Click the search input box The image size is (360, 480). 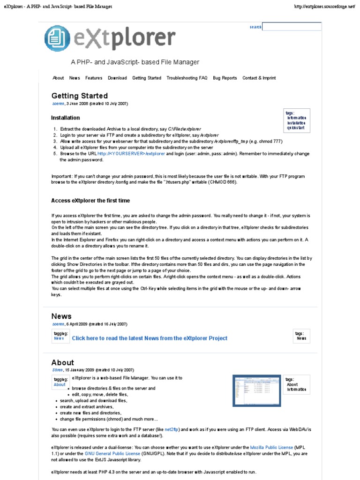tap(292, 27)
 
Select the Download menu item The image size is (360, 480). tap(117, 78)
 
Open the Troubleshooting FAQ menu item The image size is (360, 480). tap(187, 78)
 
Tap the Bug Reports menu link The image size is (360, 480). tap(225, 78)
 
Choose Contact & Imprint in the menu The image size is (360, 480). tap(259, 78)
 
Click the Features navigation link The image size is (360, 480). tap(94, 78)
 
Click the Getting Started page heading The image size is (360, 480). tap(80, 96)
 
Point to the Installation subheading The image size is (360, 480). tap(65, 118)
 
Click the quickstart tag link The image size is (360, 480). tap(296, 127)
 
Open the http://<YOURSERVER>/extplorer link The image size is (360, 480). tap(131, 154)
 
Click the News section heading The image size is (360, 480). tap(61, 316)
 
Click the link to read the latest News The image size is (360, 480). tap(150, 338)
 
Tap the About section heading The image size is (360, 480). tap(63, 362)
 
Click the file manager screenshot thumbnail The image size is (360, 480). tap(256, 390)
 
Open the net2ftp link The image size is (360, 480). tap(172, 429)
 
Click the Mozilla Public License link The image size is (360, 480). tap(271, 448)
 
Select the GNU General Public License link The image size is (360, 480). tap(112, 454)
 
